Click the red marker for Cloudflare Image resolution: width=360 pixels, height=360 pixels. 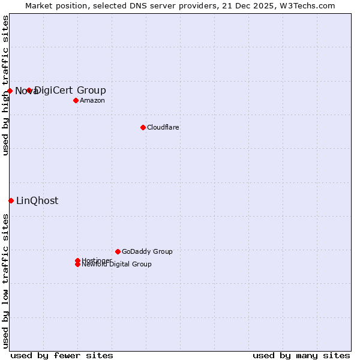pyautogui.click(x=143, y=127)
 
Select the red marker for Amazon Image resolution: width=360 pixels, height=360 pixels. pyautogui.click(x=76, y=100)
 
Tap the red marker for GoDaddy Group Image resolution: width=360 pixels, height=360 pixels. pyautogui.click(x=118, y=251)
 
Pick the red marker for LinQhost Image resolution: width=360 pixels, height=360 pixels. pyautogui.click(x=11, y=200)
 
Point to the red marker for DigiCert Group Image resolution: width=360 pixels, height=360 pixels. pyautogui.click(x=29, y=91)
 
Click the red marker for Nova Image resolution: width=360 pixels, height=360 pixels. pyautogui.click(x=10, y=91)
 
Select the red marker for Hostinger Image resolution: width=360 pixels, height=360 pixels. pyautogui.click(x=77, y=260)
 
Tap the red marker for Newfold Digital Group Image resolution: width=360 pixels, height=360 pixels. pyautogui.click(x=77, y=265)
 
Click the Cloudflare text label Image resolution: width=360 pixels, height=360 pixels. pyautogui.click(x=163, y=127)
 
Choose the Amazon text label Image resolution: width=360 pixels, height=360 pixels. pyautogui.click(x=92, y=100)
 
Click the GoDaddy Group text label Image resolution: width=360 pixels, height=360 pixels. pyautogui.click(x=147, y=251)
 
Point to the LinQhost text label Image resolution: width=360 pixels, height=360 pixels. pyautogui.click(x=37, y=200)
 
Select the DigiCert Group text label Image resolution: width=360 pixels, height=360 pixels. pyautogui.click(x=71, y=91)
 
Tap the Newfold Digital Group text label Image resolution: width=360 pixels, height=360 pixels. pyautogui.click(x=117, y=265)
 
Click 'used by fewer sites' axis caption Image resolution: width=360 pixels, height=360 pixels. pyautogui.click(x=62, y=355)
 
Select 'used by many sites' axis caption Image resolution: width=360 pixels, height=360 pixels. pyautogui.click(x=301, y=355)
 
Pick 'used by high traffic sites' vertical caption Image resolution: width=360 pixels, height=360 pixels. pyautogui.click(x=6, y=85)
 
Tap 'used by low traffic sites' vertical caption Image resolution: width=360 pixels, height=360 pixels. pyautogui.click(x=6, y=281)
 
